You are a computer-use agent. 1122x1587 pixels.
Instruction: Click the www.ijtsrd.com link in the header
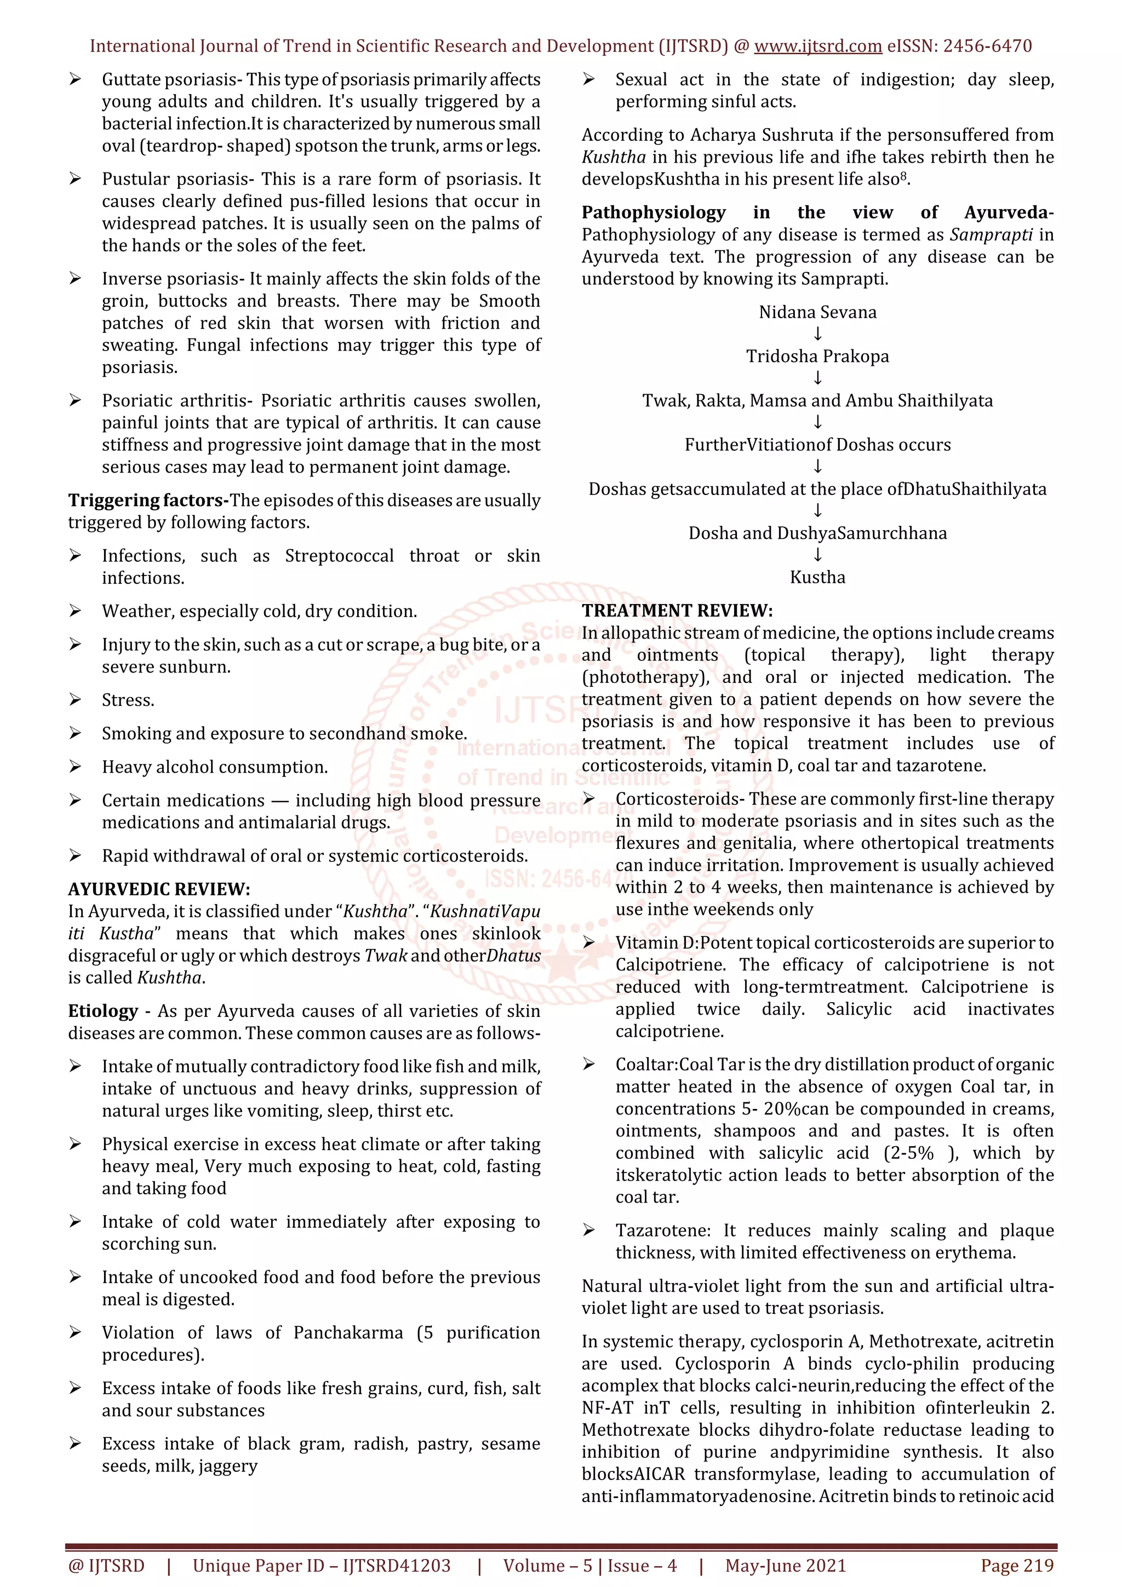[817, 47]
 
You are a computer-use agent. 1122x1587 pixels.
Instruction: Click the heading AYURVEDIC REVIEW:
[159, 889]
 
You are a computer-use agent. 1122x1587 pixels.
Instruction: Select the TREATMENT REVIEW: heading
[677, 611]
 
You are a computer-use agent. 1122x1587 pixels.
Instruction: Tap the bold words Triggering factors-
[148, 500]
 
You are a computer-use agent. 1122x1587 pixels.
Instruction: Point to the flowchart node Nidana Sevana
[817, 313]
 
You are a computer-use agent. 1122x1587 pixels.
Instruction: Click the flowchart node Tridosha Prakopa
[817, 357]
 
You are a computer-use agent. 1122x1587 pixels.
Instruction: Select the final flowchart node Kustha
[817, 577]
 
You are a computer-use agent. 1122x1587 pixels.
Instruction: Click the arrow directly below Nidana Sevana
[818, 335]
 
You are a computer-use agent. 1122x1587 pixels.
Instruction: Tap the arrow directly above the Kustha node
[818, 555]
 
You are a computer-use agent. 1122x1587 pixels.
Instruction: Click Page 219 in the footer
[1017, 1566]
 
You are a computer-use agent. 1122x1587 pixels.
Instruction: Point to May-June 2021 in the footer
[785, 1566]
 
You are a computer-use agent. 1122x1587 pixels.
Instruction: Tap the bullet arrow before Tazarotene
[588, 1231]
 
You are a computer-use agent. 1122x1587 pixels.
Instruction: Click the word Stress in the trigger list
[128, 700]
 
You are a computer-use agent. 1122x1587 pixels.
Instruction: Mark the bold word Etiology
[103, 1011]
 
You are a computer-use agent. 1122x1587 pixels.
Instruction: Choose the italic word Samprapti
[992, 235]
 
